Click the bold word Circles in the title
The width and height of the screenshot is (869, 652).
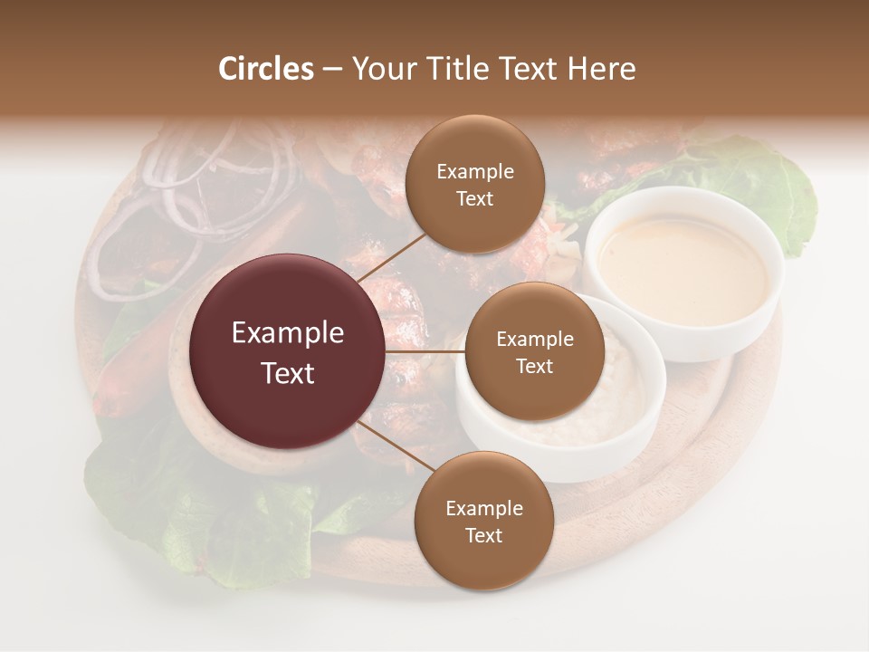266,69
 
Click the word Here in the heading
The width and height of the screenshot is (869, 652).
601,69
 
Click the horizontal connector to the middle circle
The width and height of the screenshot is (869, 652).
425,351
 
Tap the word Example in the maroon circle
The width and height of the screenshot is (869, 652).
288,333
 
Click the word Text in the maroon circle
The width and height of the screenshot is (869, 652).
288,373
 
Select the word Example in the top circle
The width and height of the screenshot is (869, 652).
474,172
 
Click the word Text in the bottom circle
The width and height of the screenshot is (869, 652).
483,535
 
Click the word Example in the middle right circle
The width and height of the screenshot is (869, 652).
534,340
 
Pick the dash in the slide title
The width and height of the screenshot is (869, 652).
332,69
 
